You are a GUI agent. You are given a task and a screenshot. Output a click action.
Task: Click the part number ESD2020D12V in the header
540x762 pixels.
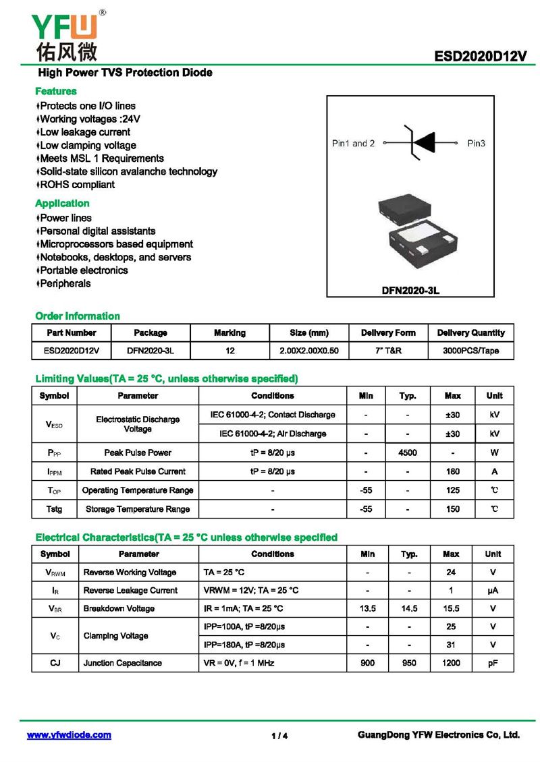pos(480,57)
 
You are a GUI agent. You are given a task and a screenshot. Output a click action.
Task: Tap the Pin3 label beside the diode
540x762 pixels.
pos(477,143)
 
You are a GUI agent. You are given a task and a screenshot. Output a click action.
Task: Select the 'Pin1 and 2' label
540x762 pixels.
pos(353,143)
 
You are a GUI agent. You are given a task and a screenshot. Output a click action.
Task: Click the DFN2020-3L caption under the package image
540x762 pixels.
pos(410,291)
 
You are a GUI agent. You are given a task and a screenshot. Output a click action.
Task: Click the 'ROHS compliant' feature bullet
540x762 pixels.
pos(77,185)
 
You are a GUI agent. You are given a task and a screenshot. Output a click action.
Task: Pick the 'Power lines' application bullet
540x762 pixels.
pos(65,218)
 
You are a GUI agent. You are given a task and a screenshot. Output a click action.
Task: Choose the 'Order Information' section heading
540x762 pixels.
pos(78,316)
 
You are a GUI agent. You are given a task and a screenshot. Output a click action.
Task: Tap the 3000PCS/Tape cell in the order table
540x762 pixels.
pos(470,351)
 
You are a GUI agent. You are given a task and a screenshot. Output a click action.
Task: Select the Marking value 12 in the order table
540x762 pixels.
pos(230,351)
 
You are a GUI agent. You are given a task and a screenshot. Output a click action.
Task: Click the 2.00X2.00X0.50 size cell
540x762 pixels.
pos(308,351)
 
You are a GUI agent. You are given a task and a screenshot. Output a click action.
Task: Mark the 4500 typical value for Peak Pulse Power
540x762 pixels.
pos(408,452)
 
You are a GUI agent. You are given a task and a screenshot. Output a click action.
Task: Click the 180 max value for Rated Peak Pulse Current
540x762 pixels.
pos(452,471)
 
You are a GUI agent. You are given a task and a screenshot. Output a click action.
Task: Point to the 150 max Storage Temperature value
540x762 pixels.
pos(452,509)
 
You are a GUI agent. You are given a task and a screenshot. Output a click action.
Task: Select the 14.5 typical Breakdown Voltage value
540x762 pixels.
pos(409,608)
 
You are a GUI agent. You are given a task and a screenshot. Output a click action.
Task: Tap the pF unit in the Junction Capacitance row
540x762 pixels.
pos(493,663)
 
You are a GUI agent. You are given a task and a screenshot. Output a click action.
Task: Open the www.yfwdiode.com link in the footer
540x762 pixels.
pos(69,735)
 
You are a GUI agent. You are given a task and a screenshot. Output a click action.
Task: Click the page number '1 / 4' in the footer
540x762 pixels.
pos(279,736)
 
